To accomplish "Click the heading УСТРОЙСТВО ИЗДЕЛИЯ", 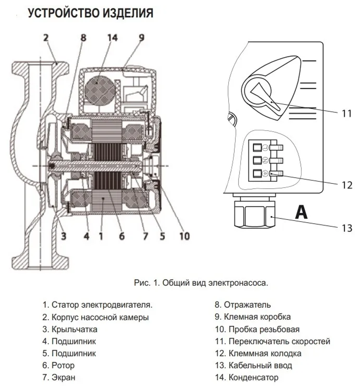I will (90, 13).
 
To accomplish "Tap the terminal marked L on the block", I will (258, 147).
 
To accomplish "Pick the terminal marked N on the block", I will (258, 160).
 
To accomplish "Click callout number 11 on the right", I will (346, 113).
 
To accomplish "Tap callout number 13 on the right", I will (347, 228).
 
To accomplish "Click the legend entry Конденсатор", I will (249, 378).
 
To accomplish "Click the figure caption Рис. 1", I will (201, 283).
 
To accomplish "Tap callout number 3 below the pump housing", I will (63, 236).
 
